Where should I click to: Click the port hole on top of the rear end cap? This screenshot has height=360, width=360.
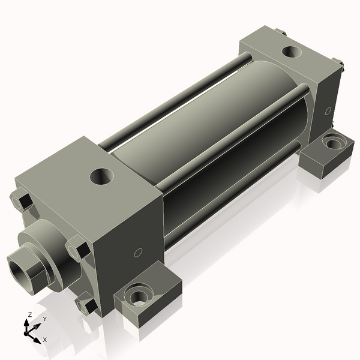(x=292, y=52)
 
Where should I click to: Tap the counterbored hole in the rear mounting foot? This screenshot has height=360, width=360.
(x=331, y=143)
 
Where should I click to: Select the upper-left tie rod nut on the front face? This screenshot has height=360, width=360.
(x=22, y=200)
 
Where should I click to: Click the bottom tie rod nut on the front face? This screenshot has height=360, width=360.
(x=88, y=305)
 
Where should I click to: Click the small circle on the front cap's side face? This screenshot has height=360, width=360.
(x=138, y=253)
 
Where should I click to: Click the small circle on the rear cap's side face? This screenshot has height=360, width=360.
(x=328, y=110)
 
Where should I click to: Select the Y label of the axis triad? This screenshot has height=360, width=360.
(x=44, y=319)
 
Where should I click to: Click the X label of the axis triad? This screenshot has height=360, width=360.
(x=45, y=340)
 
